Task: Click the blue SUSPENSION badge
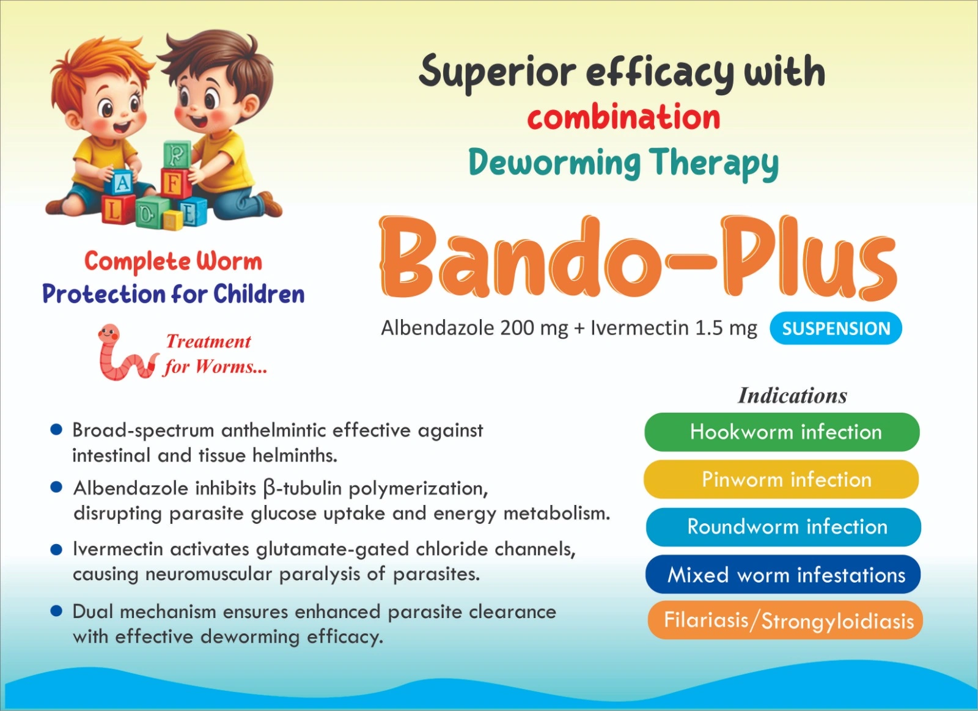tap(836, 328)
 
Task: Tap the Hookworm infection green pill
tap(782, 432)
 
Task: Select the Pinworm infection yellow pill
tap(781, 479)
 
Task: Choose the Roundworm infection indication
tap(783, 527)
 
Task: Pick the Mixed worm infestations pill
tap(783, 574)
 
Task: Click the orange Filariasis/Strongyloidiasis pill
tap(785, 620)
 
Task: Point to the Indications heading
tap(792, 396)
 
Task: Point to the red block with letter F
tap(175, 184)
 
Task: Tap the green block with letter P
tap(177, 153)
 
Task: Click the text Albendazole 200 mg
tap(474, 328)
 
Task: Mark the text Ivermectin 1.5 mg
tap(674, 328)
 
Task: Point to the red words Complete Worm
tap(174, 262)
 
